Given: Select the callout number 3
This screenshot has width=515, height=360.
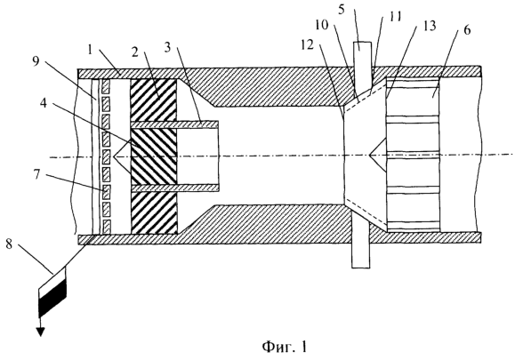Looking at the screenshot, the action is pos(167,48).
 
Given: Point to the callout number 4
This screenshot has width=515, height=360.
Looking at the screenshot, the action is pos(44,104).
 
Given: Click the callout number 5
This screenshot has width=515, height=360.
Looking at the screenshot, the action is pos(342,9).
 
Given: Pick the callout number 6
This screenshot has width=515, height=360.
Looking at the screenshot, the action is pos(467,30).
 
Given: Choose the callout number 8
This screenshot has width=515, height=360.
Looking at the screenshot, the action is pos(9,244).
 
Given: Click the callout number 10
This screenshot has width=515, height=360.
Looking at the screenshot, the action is pos(322,25).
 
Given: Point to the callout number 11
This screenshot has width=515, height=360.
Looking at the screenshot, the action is pos(395,17).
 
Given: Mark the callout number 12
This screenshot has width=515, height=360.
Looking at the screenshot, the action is pos(308,45).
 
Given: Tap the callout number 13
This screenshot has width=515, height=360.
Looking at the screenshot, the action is pos(429,25).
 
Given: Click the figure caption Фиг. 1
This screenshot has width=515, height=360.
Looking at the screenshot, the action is pos(285,346).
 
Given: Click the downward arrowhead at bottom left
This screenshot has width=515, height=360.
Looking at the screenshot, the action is pos(40,332).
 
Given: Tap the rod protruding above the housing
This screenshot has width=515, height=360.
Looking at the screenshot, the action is pos(362,66).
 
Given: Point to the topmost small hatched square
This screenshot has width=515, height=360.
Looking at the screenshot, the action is pos(106,86).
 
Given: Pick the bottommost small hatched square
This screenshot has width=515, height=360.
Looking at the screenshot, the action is pos(107,227).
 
